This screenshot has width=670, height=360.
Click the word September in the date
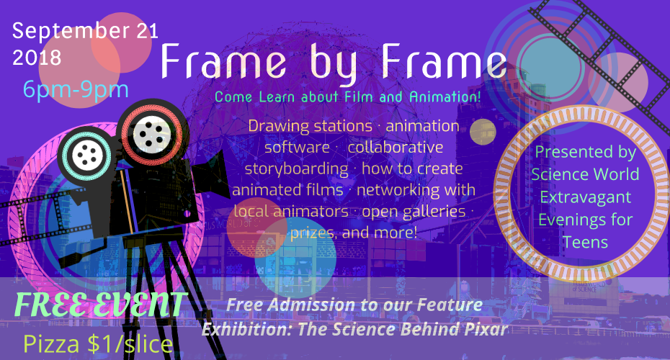[x=71, y=32]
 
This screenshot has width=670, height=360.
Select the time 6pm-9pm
[x=76, y=90]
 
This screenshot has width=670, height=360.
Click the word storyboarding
[x=296, y=169]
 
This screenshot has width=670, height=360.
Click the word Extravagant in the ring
[x=586, y=197]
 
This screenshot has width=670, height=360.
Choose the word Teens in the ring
[x=585, y=243]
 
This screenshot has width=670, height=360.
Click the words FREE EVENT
[x=100, y=304]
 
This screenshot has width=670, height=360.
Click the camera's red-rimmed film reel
[x=152, y=135]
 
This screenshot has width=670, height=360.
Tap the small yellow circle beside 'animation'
[x=483, y=132]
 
